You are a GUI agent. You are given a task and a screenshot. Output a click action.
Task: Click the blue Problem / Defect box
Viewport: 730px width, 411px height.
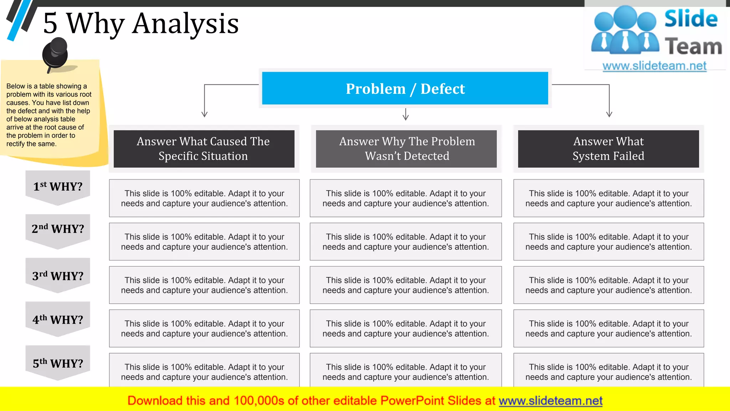pos(405,88)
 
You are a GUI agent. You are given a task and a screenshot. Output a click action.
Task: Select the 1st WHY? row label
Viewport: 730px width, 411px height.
pos(58,186)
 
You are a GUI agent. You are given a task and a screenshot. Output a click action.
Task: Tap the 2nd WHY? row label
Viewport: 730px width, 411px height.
pos(58,229)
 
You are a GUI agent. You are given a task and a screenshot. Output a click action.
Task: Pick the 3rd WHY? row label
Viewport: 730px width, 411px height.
pos(58,276)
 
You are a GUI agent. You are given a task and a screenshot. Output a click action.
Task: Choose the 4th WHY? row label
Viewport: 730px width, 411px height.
pos(58,320)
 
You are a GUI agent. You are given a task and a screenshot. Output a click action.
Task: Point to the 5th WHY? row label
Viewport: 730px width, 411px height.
pos(58,363)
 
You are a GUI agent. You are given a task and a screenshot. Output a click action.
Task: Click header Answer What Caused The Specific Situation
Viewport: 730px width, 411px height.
pos(204,149)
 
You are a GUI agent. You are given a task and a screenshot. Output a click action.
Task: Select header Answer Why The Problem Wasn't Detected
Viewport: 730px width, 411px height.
pos(406,149)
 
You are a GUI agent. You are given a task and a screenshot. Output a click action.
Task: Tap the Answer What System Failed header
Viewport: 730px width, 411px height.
pos(608,149)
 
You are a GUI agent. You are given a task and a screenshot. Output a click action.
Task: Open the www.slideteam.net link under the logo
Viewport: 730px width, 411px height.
pos(654,66)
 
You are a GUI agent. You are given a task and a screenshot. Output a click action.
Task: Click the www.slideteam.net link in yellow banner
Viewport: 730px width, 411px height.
pos(550,401)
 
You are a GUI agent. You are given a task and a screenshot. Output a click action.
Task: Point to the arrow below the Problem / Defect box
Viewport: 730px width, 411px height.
pos(406,115)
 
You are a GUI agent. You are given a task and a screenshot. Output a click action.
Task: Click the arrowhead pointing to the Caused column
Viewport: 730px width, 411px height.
pos(204,114)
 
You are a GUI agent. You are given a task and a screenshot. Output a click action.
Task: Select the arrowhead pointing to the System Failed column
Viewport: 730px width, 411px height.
pos(609,114)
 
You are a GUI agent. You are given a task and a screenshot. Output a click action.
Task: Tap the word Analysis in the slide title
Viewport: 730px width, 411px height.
pos(185,24)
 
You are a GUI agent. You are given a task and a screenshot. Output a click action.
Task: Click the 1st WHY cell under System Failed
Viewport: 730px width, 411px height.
pos(608,198)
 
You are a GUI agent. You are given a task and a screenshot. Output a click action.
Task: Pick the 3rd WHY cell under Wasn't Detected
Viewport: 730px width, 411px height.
pos(406,285)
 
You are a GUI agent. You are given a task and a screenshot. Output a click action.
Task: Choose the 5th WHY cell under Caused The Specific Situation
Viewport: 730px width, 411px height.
pos(204,371)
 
